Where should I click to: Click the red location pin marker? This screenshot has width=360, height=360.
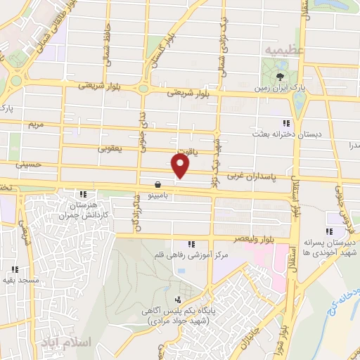tap(181, 165)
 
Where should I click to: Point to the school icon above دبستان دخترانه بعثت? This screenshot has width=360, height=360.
tap(286, 122)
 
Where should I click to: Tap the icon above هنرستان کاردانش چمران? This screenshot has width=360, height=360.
tap(84, 194)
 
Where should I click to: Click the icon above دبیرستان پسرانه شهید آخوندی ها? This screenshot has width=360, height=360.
tap(329, 231)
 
